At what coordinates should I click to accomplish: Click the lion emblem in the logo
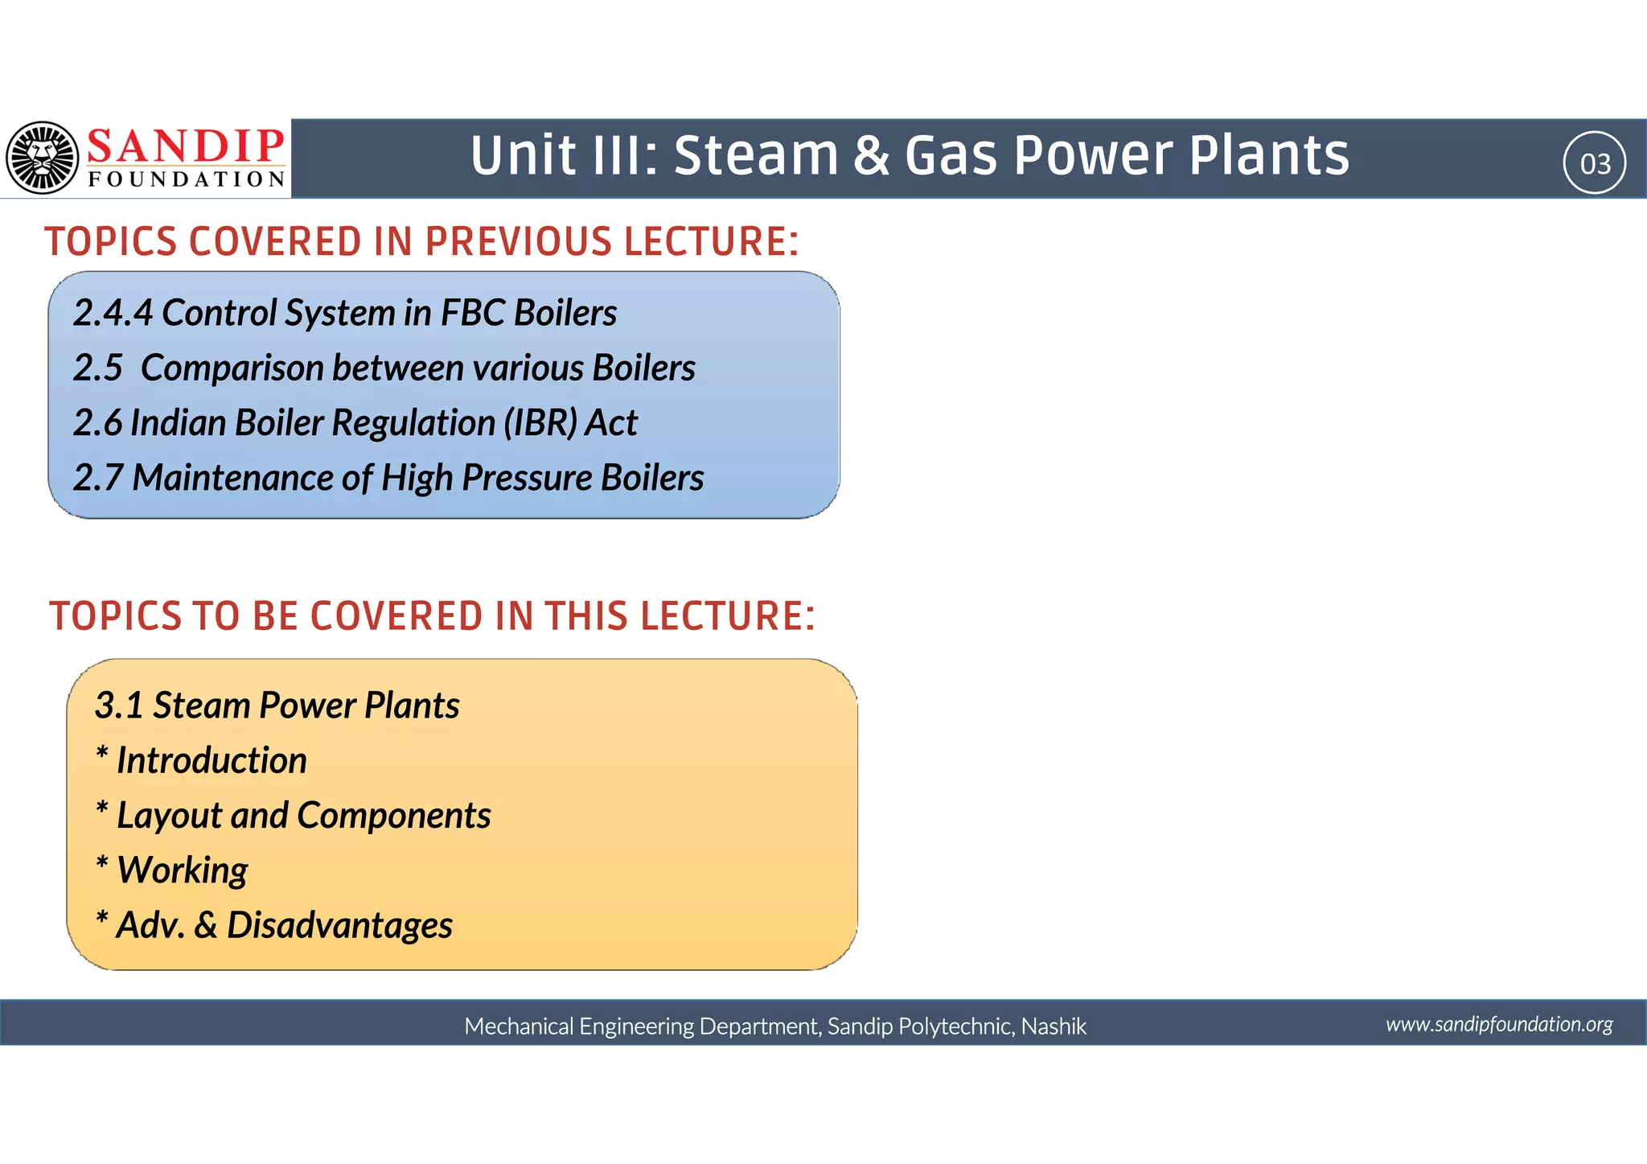pos(43,158)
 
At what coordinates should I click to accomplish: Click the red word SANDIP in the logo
pos(186,146)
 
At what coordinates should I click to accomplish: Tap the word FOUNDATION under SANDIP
pos(186,179)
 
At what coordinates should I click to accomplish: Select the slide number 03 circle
pos(1595,163)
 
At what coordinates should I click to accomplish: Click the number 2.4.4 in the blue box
pos(113,313)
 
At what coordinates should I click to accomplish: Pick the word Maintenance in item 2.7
pos(232,478)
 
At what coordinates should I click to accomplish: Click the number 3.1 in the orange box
pos(119,705)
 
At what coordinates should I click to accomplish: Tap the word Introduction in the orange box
pos(212,761)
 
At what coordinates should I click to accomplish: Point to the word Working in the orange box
pos(183,870)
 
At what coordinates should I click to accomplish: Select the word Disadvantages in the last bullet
pos(339,925)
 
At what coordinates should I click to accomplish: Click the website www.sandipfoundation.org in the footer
pos(1499,1024)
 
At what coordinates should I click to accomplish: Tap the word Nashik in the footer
pos(1054,1026)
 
